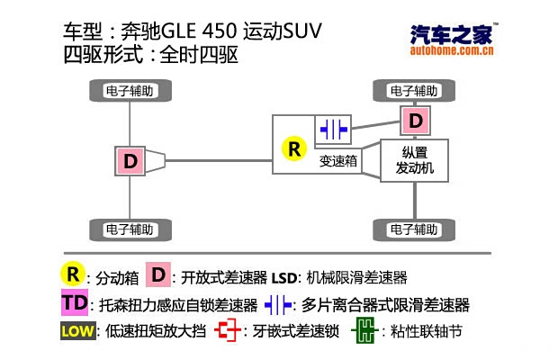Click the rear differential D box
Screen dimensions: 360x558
[x=131, y=161]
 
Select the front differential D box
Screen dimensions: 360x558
[x=415, y=120]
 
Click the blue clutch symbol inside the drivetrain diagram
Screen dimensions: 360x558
[x=333, y=129]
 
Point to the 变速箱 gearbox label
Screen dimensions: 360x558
[x=338, y=162]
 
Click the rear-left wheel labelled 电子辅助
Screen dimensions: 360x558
[x=130, y=91]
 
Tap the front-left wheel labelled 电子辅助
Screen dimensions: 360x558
[x=414, y=91]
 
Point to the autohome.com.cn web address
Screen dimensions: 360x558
[x=453, y=51]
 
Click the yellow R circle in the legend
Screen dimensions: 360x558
[x=71, y=274]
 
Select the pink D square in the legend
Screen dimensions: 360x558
[x=158, y=274]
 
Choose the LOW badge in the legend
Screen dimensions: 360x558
[x=77, y=330]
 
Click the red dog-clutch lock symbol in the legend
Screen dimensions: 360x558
[x=230, y=330]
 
